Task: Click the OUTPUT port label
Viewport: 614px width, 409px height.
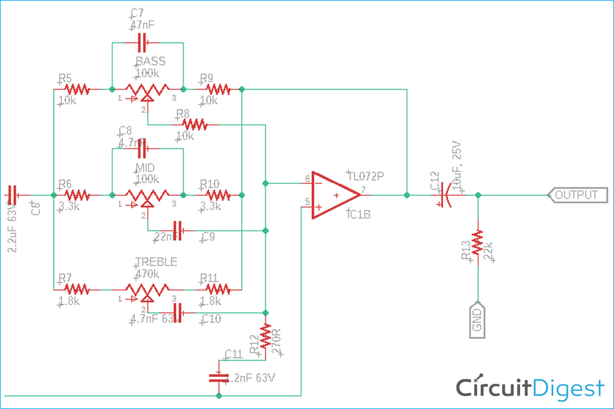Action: pos(577,195)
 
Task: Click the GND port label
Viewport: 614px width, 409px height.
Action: pos(478,320)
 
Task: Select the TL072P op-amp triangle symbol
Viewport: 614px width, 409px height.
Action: pos(335,195)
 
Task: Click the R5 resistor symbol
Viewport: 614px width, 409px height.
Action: pos(77,90)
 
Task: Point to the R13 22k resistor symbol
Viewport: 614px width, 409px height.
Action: pos(478,244)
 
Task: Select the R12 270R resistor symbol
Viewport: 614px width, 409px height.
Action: pos(265,336)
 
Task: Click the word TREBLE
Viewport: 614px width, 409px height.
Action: pos(156,262)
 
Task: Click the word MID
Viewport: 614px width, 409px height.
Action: pos(146,168)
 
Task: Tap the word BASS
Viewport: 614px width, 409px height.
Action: pos(150,61)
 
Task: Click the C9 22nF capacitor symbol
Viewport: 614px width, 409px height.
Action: pos(178,230)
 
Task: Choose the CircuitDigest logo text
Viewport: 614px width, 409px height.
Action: pos(529,388)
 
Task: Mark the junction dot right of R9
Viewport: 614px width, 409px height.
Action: pos(243,90)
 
